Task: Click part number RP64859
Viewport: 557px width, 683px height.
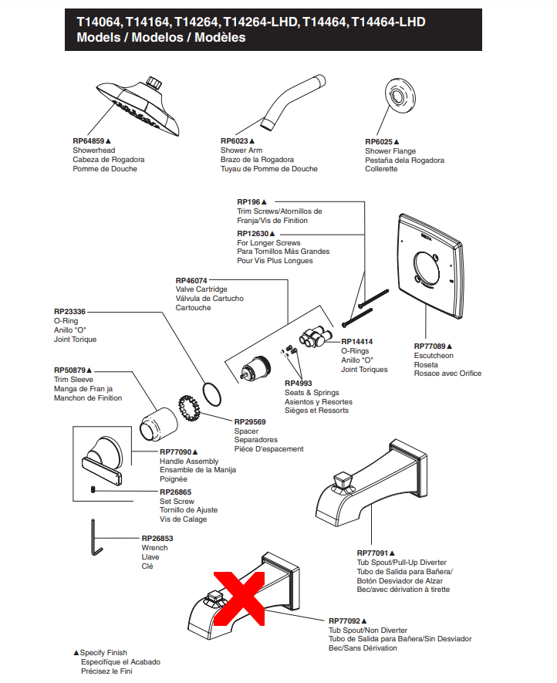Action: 89,141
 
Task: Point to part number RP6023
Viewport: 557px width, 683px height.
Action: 235,141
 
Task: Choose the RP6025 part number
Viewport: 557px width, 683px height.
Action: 379,142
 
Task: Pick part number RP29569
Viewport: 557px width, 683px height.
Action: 250,421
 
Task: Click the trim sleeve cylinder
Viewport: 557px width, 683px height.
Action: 158,421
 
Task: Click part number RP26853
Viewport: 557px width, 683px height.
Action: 157,539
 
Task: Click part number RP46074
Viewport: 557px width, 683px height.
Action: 191,280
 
